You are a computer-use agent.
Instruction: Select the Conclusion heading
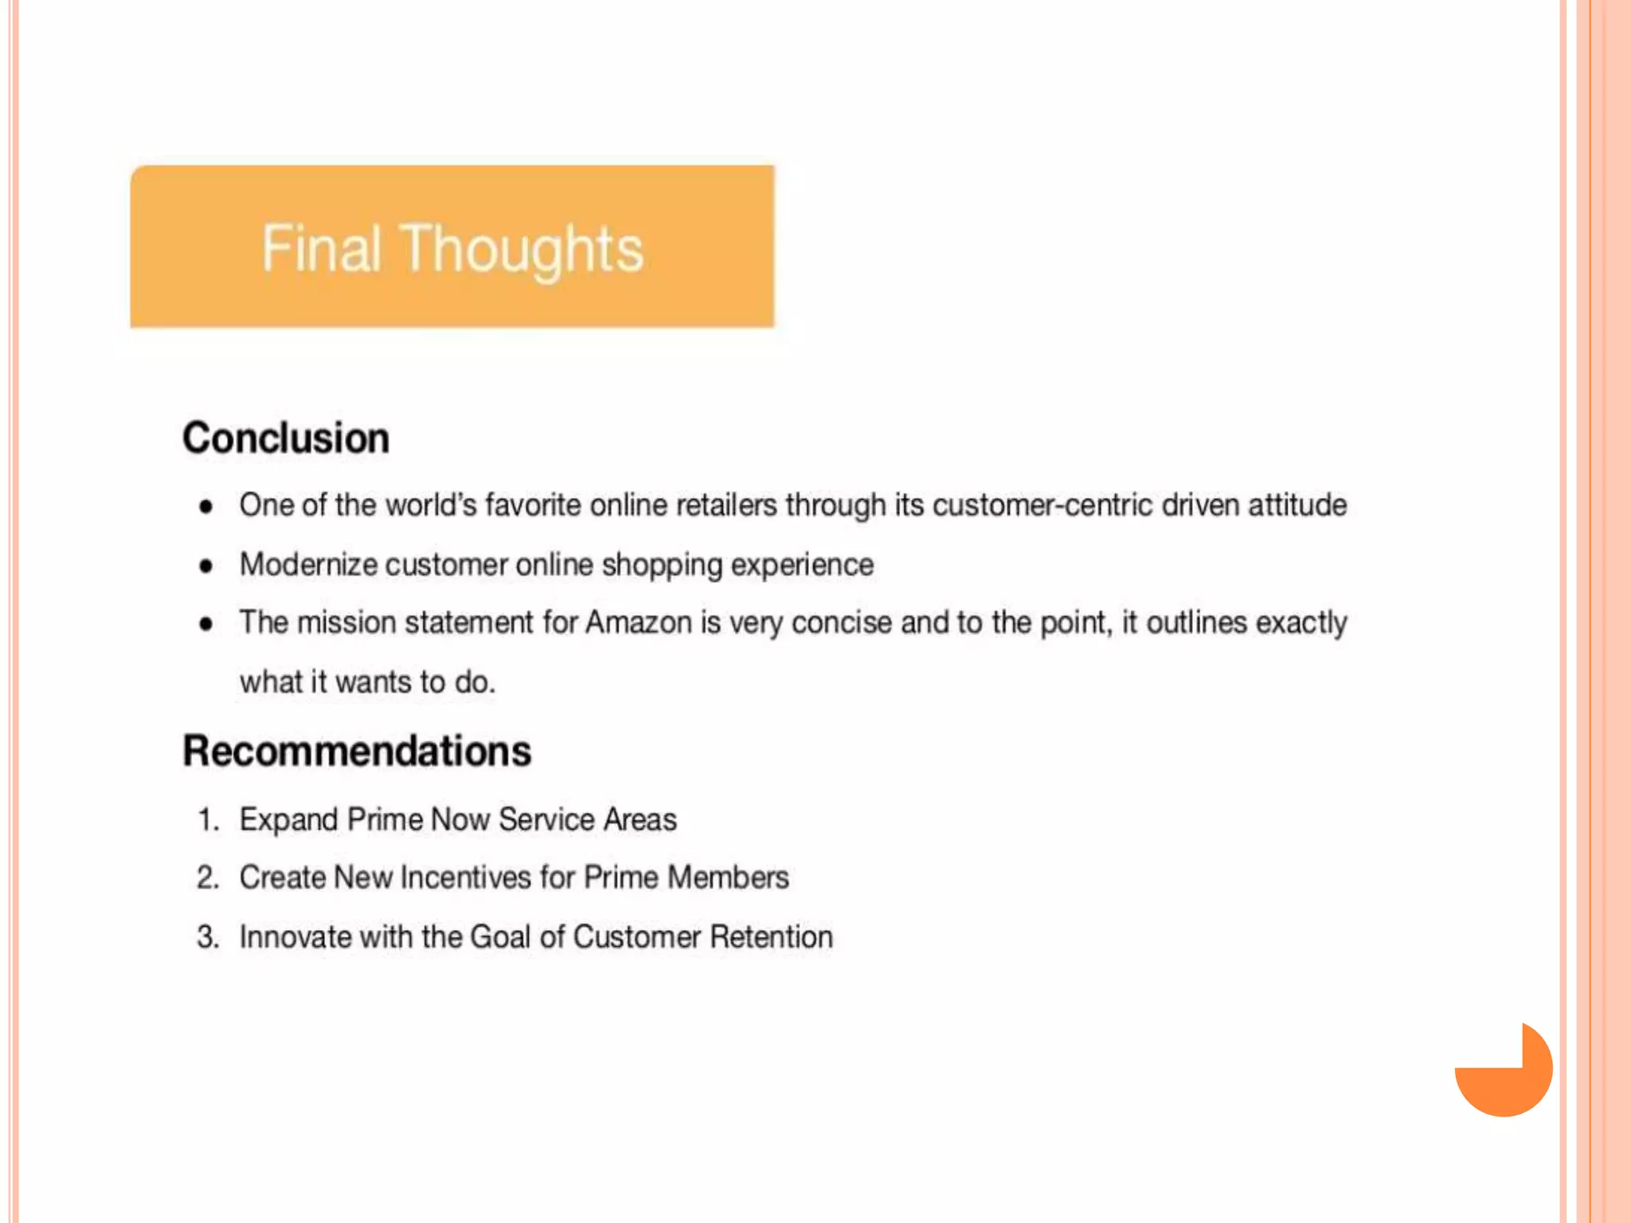(x=286, y=438)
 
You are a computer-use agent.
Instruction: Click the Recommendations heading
(x=357, y=751)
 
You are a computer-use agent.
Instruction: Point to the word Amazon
(x=638, y=623)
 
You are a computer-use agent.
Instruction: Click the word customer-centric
(x=1042, y=505)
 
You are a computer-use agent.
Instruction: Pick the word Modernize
(x=308, y=565)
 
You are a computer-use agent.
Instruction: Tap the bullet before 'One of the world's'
(x=206, y=506)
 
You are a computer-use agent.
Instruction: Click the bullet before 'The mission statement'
(x=206, y=623)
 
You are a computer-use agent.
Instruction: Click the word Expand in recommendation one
(x=288, y=820)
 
